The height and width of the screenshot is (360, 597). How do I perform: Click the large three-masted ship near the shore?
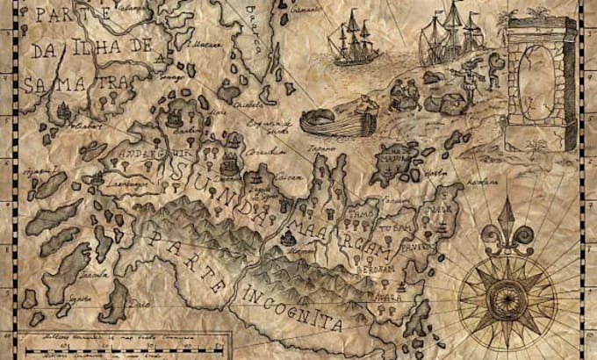tap(448, 35)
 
